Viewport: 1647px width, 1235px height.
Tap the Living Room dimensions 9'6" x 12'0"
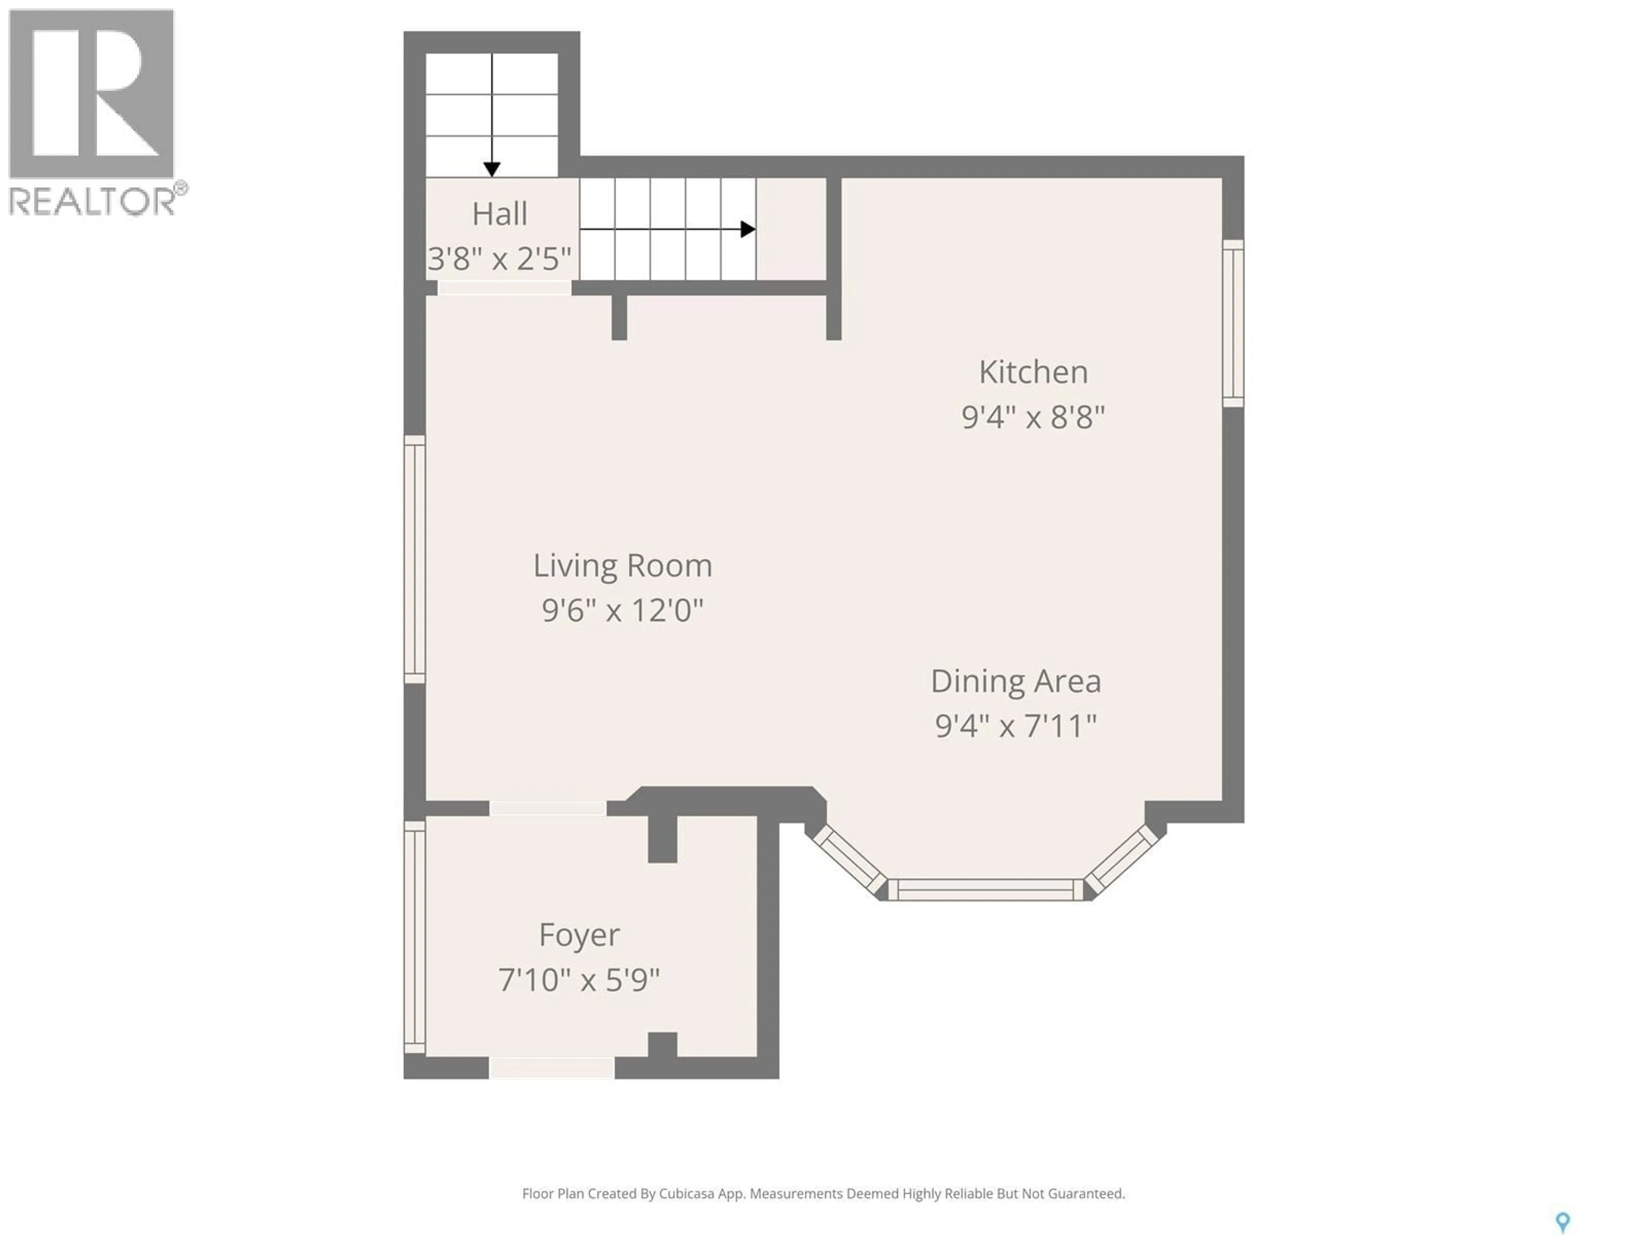click(622, 611)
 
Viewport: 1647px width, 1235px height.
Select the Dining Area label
click(1016, 681)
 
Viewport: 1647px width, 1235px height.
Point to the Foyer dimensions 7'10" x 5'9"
click(579, 980)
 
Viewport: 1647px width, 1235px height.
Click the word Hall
click(500, 214)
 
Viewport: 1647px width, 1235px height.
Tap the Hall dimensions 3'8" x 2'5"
click(500, 259)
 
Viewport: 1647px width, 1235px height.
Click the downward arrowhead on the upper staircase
click(492, 170)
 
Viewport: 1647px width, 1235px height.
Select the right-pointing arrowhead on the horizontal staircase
click(748, 229)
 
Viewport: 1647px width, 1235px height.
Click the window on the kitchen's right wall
click(1233, 323)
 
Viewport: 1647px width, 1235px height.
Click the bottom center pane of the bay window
click(985, 890)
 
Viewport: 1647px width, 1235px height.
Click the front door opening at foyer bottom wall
click(552, 1068)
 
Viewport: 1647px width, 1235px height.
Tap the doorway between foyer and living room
click(548, 808)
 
